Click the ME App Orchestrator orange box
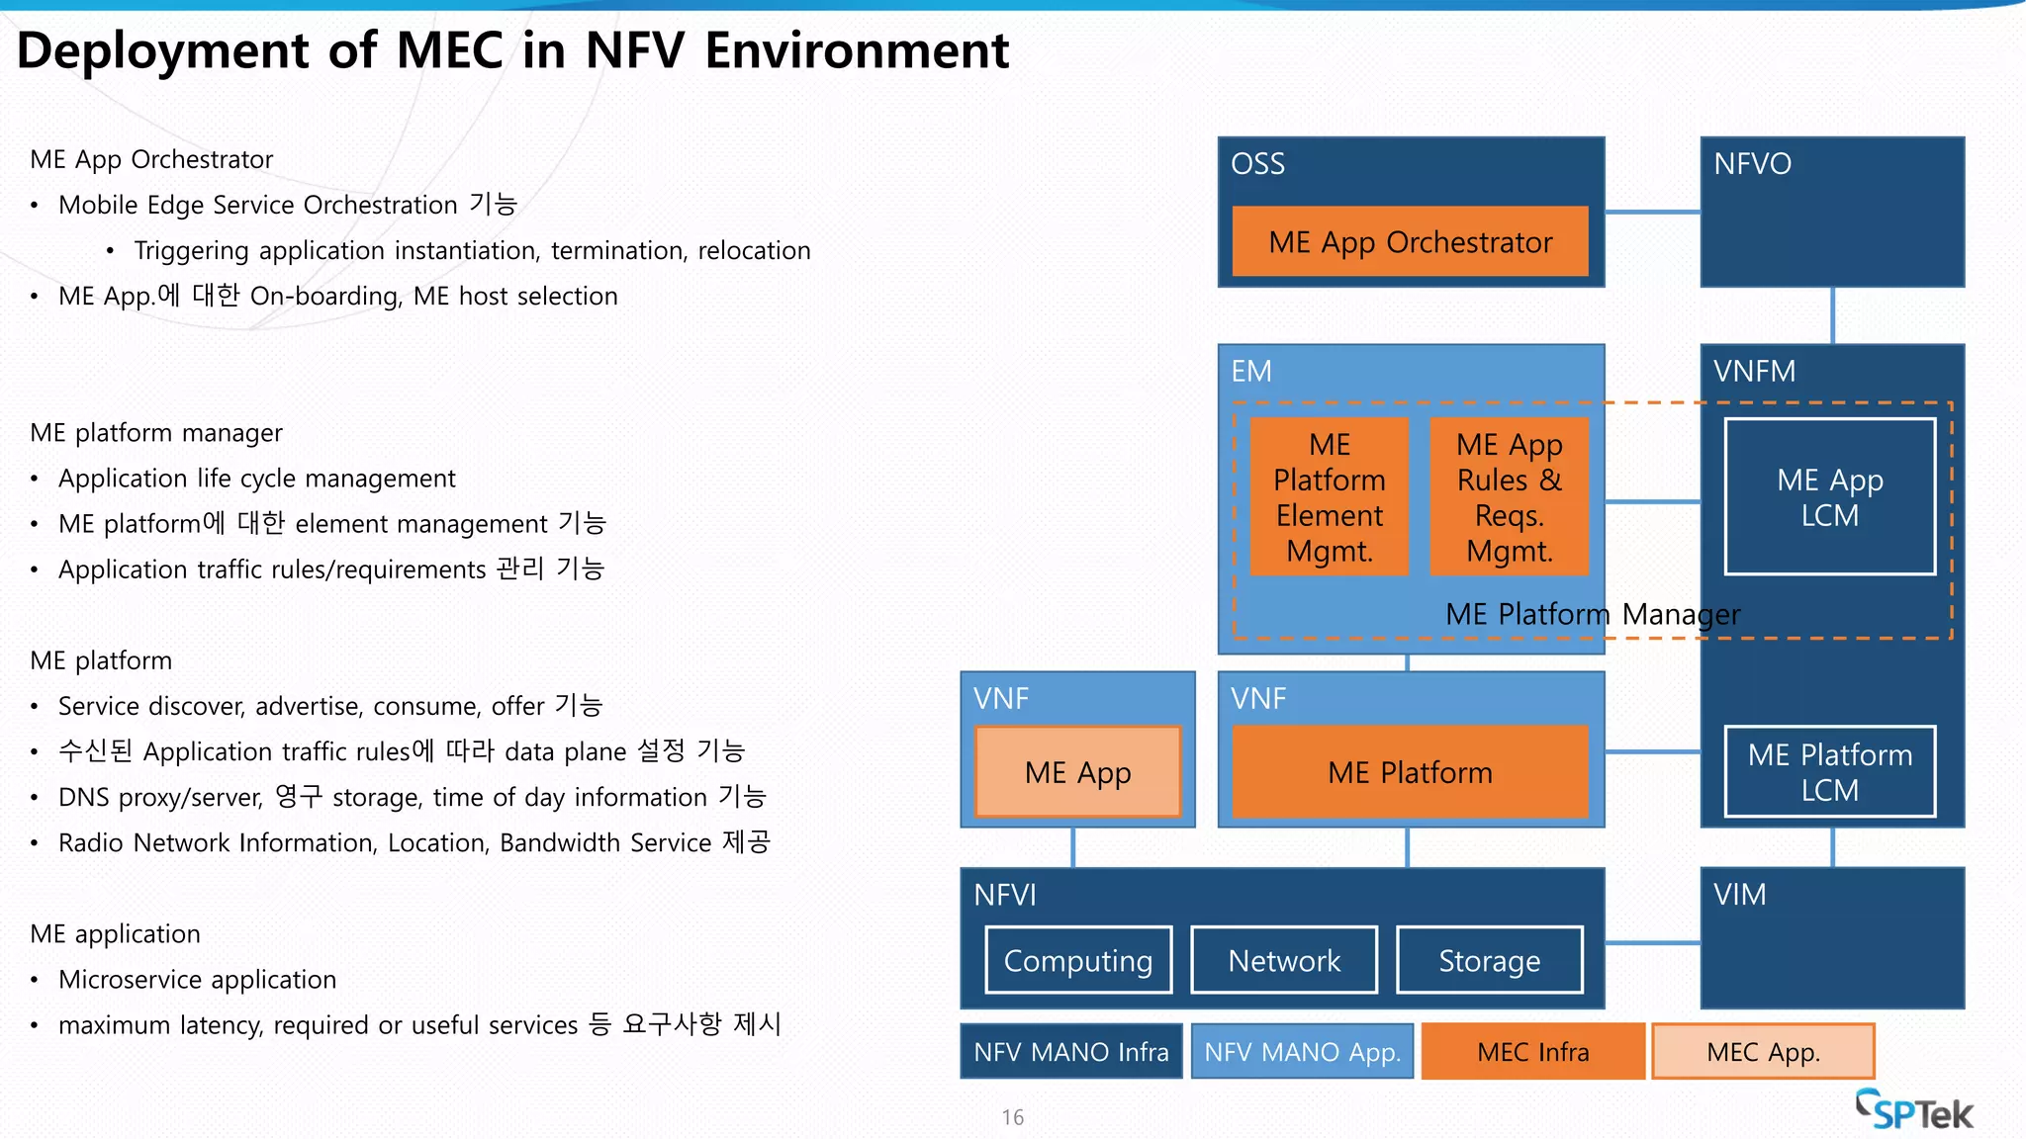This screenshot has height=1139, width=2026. point(1410,242)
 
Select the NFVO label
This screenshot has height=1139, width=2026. point(1752,164)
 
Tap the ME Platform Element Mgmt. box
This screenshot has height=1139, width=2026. point(1329,496)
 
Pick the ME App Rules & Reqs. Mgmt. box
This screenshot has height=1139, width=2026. point(1509,496)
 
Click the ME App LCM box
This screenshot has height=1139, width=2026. point(1829,496)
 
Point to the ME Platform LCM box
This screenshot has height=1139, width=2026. point(1829,772)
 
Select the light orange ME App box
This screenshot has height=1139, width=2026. point(1077,772)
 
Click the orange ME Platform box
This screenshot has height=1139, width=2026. point(1410,772)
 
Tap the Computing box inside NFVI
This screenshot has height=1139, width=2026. point(1078,960)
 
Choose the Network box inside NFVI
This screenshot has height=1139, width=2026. point(1284,960)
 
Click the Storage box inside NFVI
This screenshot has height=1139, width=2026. point(1489,960)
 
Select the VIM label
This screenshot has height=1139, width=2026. point(1739,895)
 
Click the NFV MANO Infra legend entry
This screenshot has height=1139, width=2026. point(1071,1052)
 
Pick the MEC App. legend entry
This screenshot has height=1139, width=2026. point(1763,1052)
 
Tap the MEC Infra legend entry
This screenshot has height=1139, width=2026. point(1532,1052)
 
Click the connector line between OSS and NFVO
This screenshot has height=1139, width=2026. point(1652,212)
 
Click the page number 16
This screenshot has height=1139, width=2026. point(1012,1117)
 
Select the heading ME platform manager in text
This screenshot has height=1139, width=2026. point(156,433)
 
